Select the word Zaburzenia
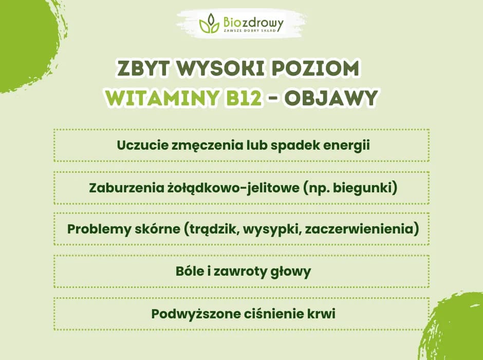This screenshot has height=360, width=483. click(x=119, y=188)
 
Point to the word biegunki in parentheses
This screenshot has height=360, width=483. click(x=369, y=188)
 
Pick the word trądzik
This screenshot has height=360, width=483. click(x=213, y=229)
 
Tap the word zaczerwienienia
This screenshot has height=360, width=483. click(x=360, y=229)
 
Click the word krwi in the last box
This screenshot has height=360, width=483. click(x=321, y=313)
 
